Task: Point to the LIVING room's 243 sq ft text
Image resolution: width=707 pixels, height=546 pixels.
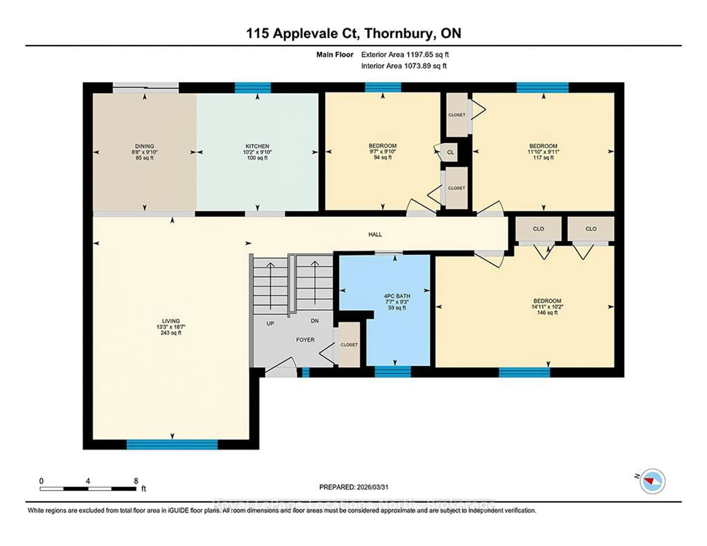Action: [171, 333]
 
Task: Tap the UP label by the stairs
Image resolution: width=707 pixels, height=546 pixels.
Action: [270, 323]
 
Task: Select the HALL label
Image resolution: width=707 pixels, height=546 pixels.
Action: [375, 234]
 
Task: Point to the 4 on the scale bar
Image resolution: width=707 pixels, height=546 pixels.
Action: [88, 481]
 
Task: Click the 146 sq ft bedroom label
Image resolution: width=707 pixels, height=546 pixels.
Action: [547, 313]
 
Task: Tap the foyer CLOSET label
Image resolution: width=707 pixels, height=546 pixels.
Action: [349, 345]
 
